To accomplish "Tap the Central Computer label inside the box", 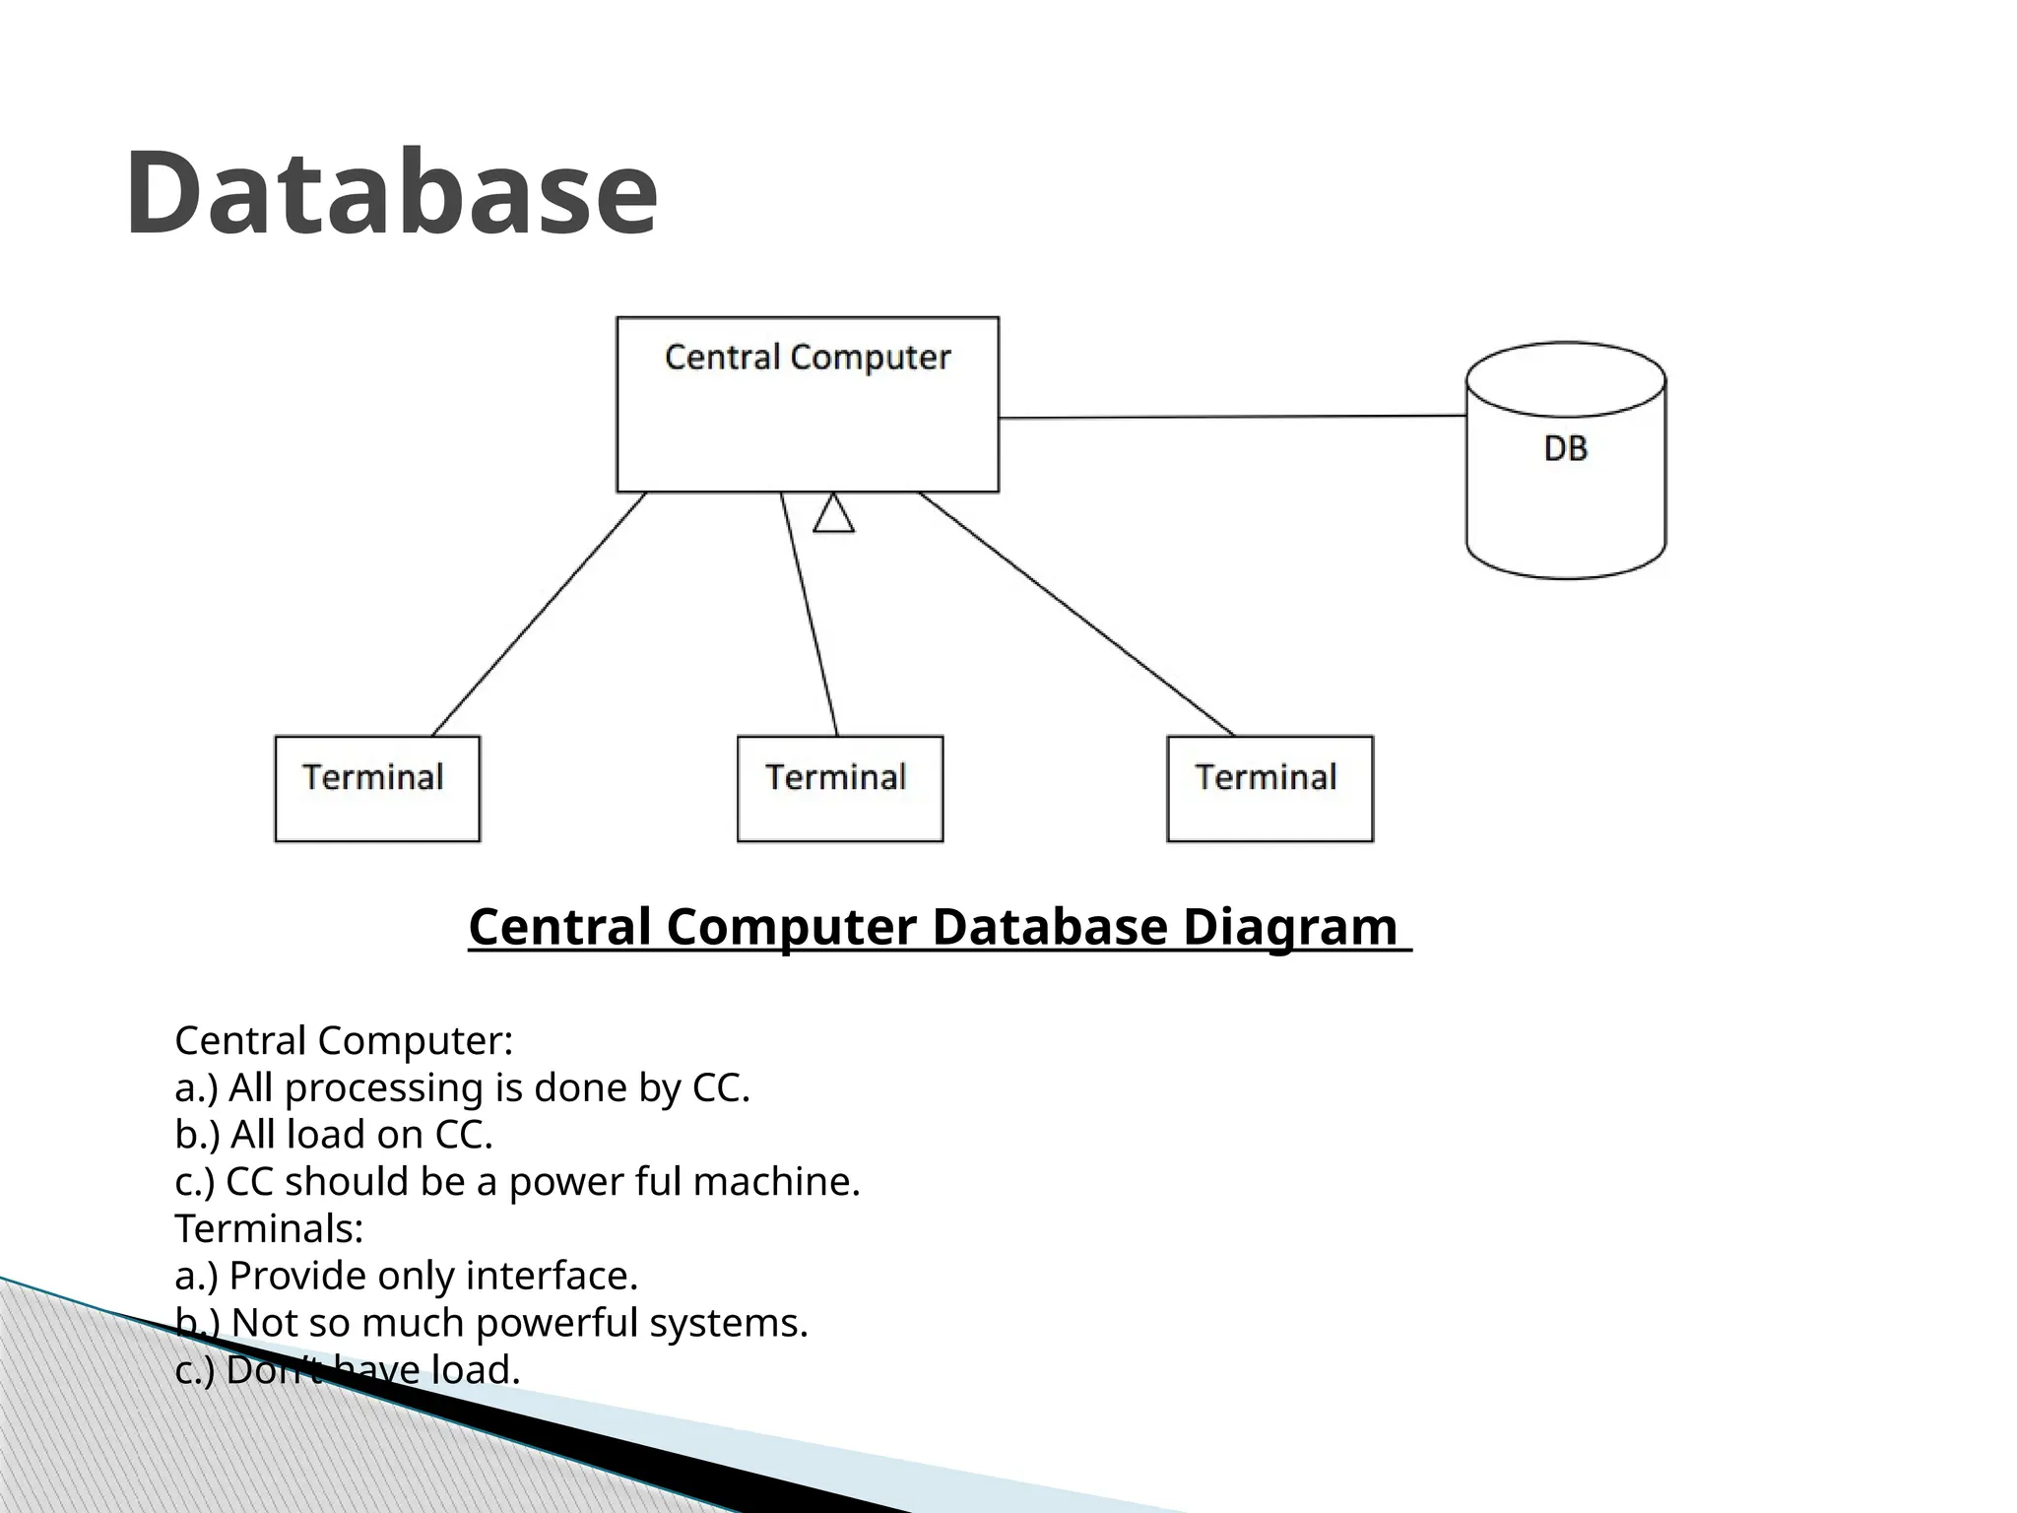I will (807, 357).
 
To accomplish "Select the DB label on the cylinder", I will (1565, 449).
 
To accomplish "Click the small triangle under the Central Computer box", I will (833, 515).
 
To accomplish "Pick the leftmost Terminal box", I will (377, 788).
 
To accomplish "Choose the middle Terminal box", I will (839, 788).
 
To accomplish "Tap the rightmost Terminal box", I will (1269, 788).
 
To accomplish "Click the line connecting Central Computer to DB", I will (1231, 417).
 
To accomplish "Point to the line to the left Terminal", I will (540, 614).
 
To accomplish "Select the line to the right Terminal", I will (1076, 614).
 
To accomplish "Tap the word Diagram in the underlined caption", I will (1289, 927).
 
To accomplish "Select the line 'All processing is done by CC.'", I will (462, 1088).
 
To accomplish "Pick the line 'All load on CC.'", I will (334, 1135).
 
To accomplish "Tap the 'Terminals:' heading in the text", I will (269, 1228).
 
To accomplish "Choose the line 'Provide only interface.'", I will (406, 1276).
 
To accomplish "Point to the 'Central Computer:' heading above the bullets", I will (344, 1041).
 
